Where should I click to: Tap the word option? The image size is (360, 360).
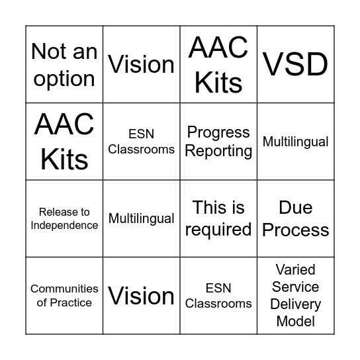[x=64, y=79]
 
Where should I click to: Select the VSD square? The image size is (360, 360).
[x=295, y=64]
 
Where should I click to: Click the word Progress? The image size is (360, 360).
[x=218, y=133]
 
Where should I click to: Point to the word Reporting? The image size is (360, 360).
[x=218, y=151]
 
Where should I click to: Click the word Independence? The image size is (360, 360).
[x=64, y=225]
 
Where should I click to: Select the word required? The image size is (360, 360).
[x=218, y=230]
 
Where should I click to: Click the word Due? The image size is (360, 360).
[x=295, y=208]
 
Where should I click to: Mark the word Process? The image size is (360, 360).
[x=295, y=230]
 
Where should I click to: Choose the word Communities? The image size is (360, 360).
[x=64, y=289]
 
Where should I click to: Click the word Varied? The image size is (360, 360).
[x=295, y=270]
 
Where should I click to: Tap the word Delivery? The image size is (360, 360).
[x=295, y=304]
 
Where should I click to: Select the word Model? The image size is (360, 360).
[x=295, y=322]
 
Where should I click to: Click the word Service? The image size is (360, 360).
[x=295, y=287]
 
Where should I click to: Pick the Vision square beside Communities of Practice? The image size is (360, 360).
[x=142, y=296]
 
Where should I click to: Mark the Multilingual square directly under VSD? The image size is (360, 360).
[x=295, y=142]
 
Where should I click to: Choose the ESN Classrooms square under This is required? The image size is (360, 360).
[x=218, y=296]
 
